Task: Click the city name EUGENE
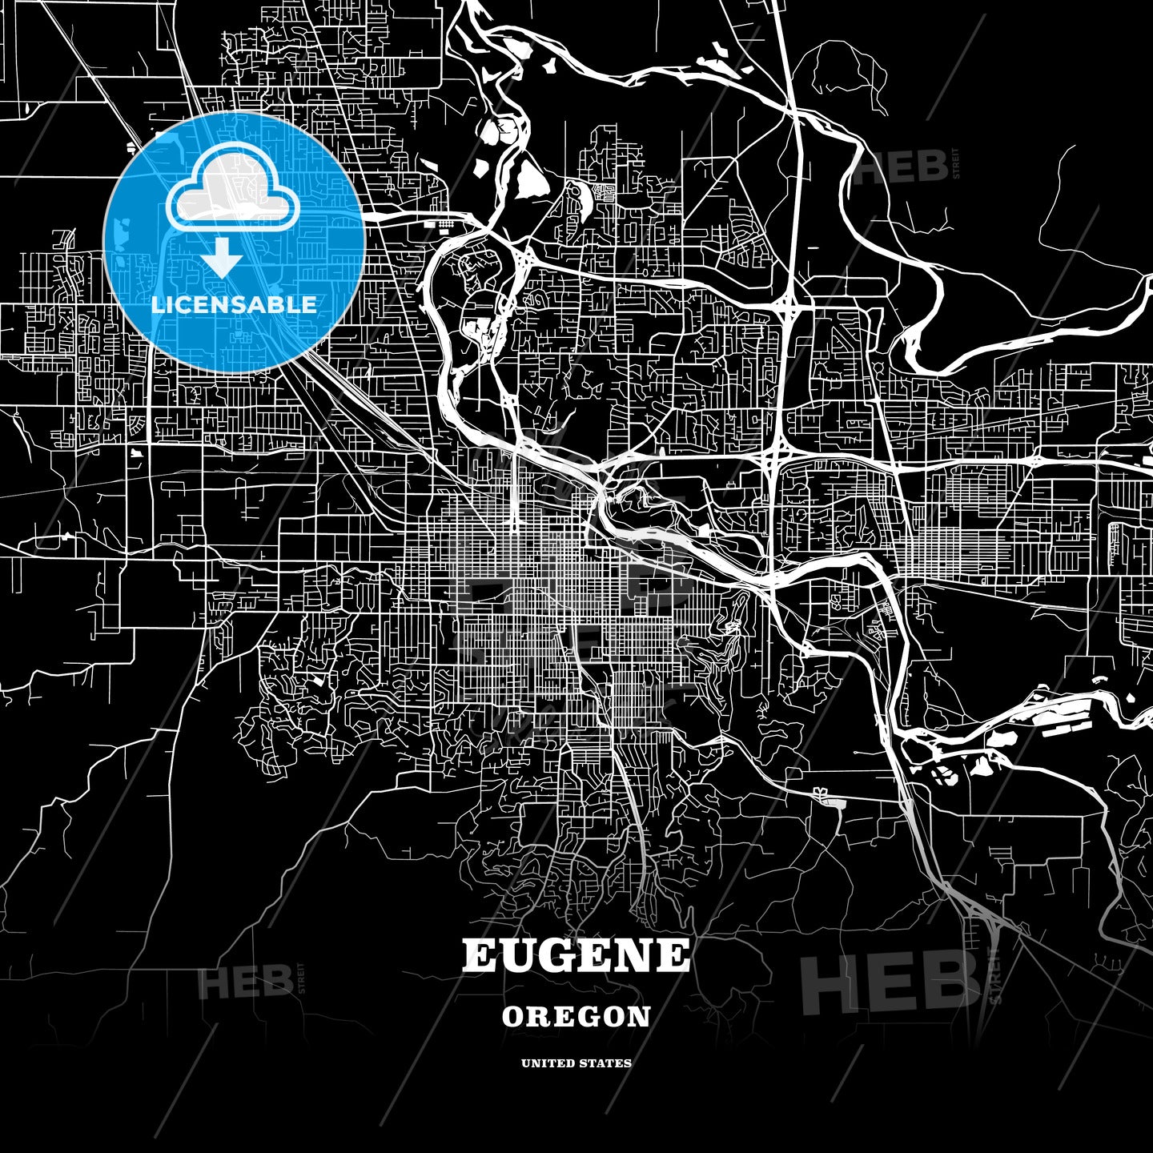[576, 956]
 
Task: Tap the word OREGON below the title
[576, 1017]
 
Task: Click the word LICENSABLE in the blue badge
[234, 305]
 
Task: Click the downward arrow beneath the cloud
[222, 262]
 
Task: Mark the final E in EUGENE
[673, 956]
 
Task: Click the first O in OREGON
[512, 1017]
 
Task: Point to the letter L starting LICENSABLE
[157, 305]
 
